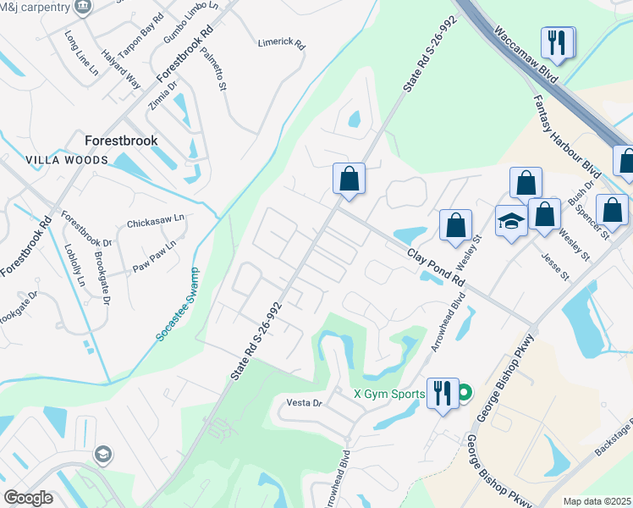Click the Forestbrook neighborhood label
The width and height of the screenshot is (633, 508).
point(120,140)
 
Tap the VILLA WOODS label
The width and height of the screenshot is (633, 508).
point(67,160)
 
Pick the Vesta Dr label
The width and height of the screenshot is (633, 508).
point(305,403)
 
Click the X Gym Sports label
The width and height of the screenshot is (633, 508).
point(388,394)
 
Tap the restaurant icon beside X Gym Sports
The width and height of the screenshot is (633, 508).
point(443,394)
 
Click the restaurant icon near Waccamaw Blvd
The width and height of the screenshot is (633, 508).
point(558,41)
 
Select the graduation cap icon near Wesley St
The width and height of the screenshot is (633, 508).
point(511,222)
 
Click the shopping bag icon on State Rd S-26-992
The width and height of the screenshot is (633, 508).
point(349,179)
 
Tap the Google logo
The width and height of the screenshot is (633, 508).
point(28,498)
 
